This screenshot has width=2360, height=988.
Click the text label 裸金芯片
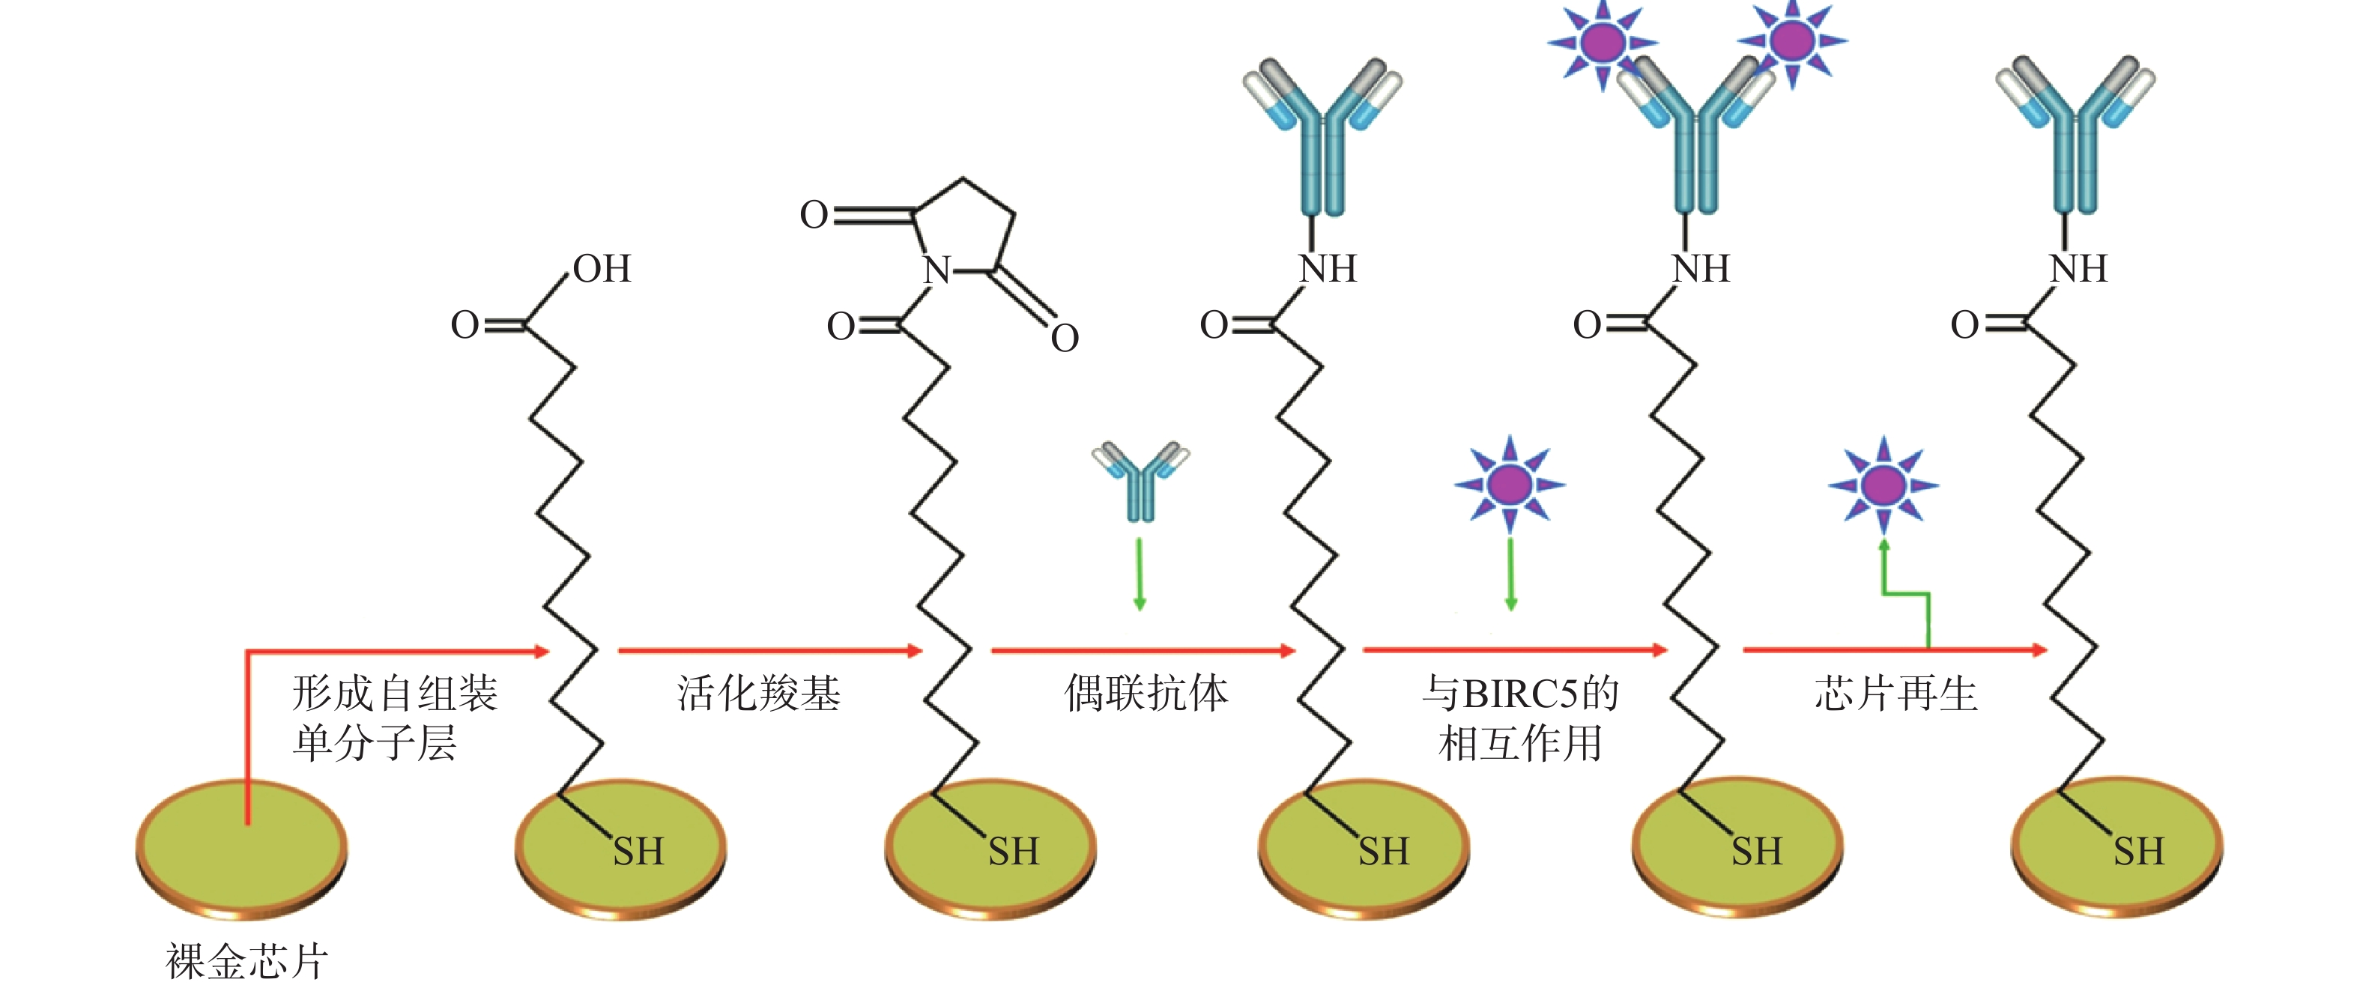(x=246, y=962)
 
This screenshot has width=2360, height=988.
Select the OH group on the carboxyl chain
(x=602, y=269)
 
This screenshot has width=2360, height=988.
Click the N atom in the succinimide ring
(x=937, y=271)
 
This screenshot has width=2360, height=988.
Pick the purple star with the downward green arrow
(x=1510, y=485)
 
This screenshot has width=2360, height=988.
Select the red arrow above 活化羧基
(x=769, y=650)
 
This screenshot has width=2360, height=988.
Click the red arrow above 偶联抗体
(x=1143, y=650)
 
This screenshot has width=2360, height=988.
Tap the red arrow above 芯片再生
(x=1895, y=649)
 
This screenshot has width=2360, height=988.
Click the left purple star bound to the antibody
(x=1603, y=42)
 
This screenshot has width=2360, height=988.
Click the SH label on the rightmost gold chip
(x=2138, y=852)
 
